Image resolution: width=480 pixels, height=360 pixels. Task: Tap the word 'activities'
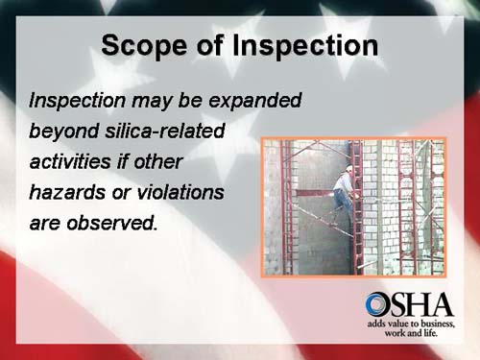click(72, 161)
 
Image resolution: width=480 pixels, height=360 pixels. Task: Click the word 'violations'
click(179, 193)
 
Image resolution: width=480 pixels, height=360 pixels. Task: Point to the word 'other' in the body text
click(156, 161)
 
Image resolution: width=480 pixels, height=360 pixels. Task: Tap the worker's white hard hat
click(347, 170)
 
